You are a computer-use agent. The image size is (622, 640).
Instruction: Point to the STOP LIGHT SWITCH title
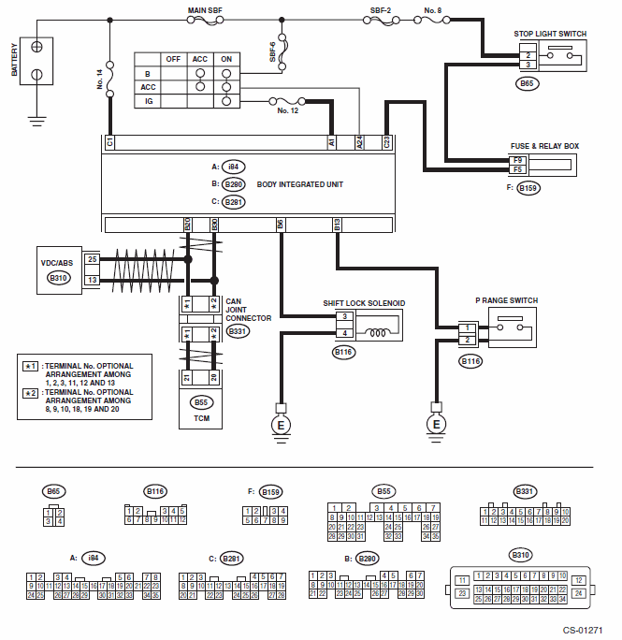pos(550,34)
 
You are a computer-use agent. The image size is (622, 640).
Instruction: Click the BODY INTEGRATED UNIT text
pos(299,184)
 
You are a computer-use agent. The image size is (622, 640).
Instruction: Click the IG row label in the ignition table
pos(149,101)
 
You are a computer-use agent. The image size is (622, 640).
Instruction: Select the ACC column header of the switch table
pos(199,58)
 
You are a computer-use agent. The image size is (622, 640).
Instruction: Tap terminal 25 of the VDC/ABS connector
pos(92,258)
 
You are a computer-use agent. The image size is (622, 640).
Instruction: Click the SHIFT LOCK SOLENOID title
pos(364,303)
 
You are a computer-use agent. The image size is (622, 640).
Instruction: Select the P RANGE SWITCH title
pos(506,300)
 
